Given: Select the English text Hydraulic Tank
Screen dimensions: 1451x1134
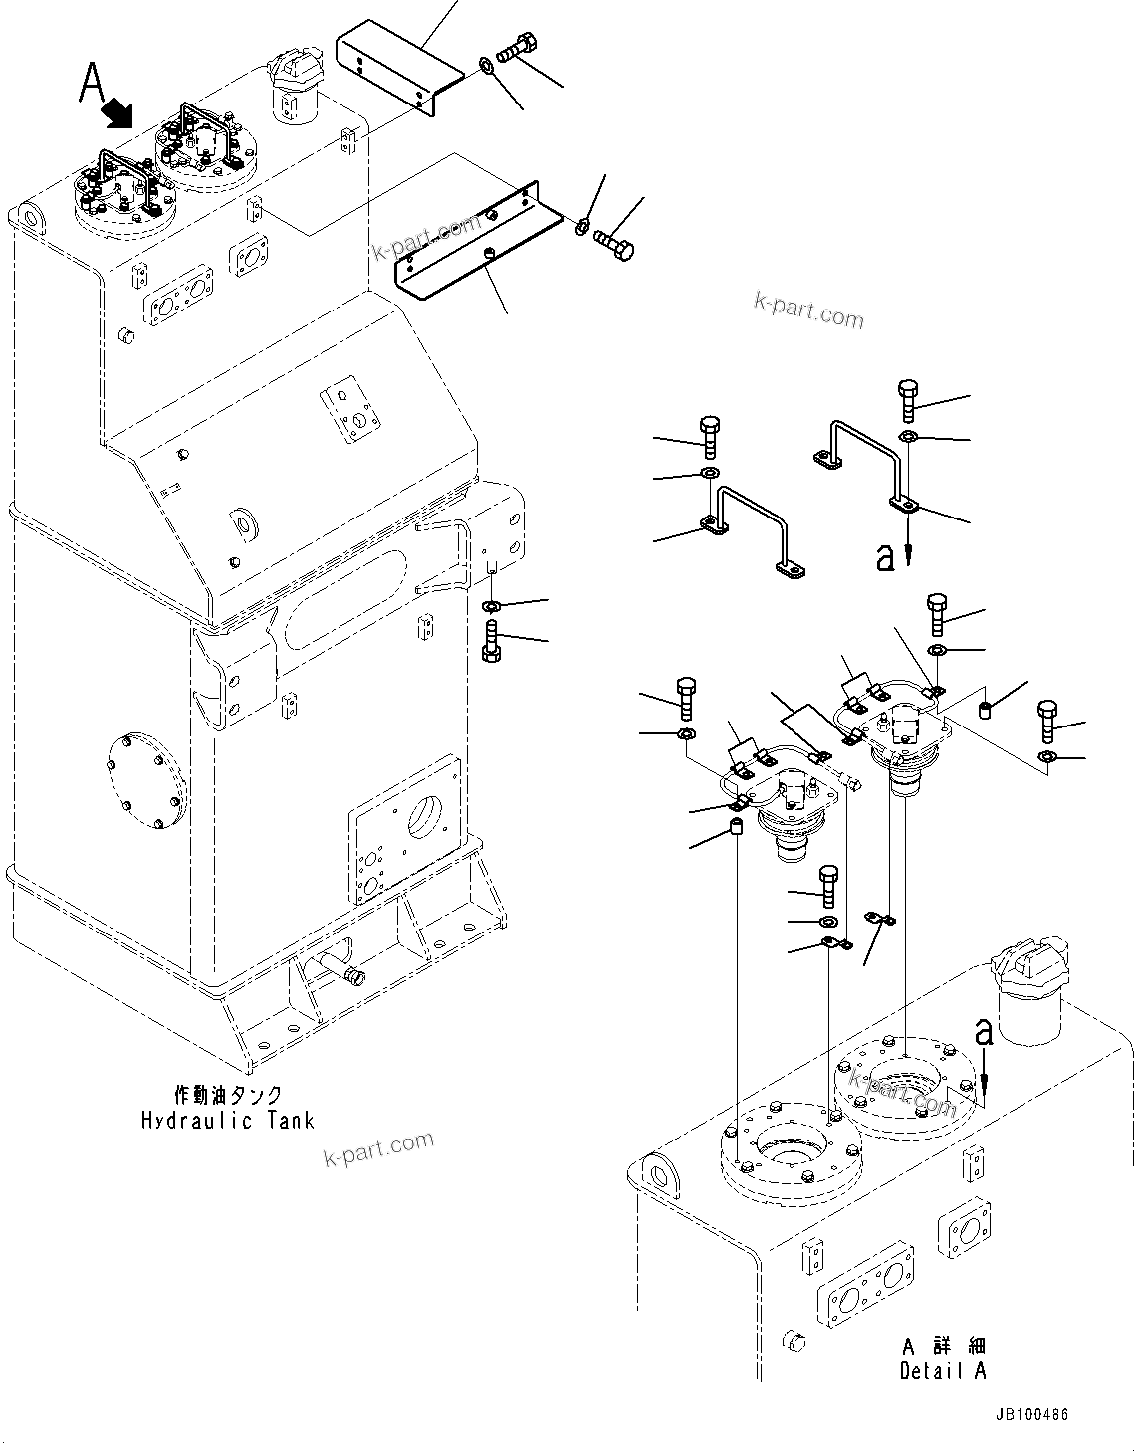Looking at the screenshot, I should tap(227, 1120).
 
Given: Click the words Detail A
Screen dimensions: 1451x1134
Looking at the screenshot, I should tap(942, 1370).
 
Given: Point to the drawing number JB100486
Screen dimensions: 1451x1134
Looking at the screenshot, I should tap(1029, 1415).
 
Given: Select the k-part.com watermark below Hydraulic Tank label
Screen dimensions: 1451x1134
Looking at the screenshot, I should tap(378, 1150).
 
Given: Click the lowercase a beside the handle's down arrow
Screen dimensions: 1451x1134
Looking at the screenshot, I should tap(885, 557).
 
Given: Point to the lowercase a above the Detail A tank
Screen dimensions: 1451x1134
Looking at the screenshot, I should tap(983, 1033).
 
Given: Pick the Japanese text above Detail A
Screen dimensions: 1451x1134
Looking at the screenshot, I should tap(942, 1347).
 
